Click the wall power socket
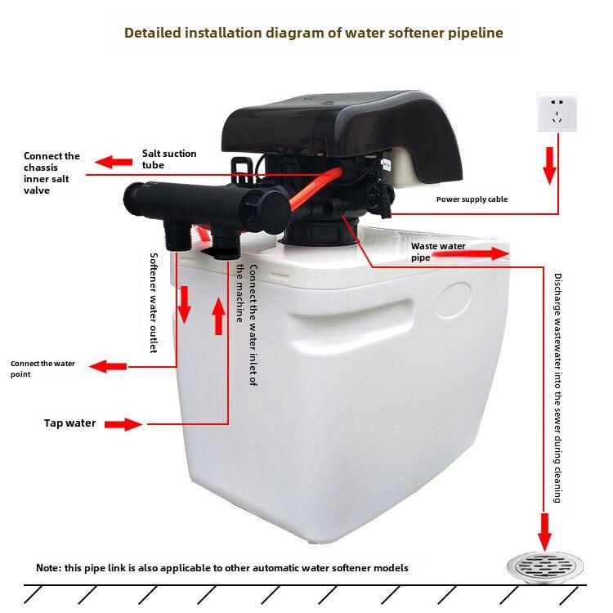tap(557, 112)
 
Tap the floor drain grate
tap(545, 567)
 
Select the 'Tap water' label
tap(70, 423)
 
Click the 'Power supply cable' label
tap(472, 199)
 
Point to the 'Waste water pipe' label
tap(438, 252)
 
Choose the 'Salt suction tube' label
tap(169, 159)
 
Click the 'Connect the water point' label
tap(43, 369)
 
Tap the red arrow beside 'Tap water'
tap(123, 424)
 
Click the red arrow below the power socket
tap(550, 166)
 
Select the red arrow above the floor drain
tap(544, 532)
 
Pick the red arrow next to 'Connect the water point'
tap(108, 367)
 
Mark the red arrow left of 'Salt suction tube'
tap(114, 162)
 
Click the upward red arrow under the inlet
tap(218, 316)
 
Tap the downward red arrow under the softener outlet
tap(184, 305)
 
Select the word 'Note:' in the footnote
tap(49, 568)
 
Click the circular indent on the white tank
tap(454, 300)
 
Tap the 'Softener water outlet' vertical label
tap(154, 303)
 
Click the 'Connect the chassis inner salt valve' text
tap(51, 173)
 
